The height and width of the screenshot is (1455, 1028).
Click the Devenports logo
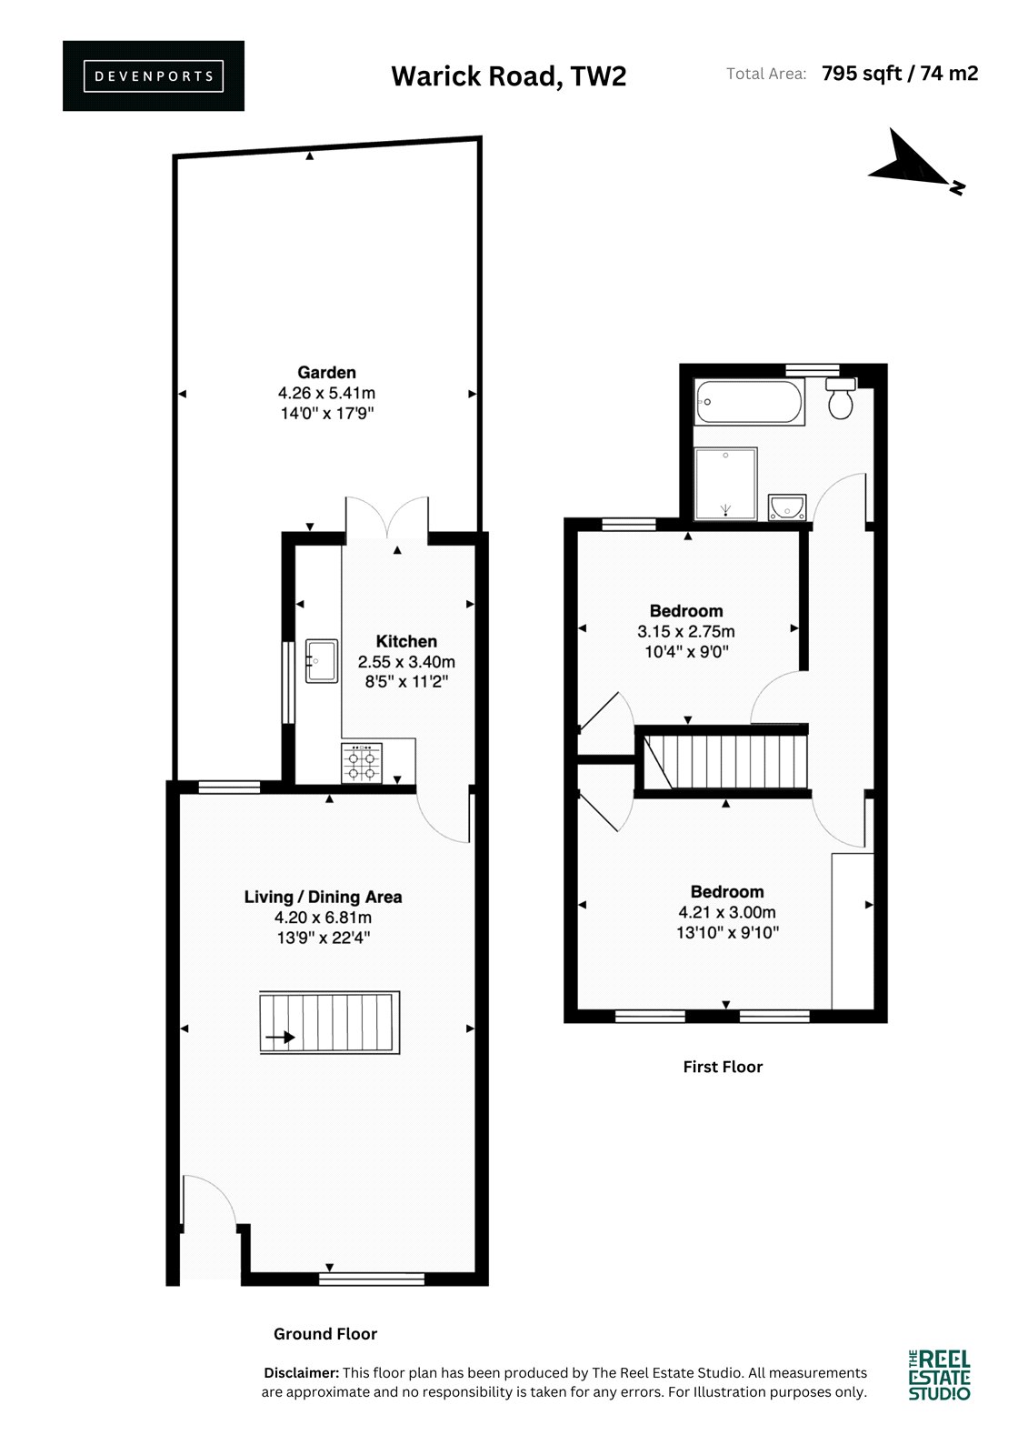[154, 76]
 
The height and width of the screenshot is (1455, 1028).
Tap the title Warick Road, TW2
[508, 76]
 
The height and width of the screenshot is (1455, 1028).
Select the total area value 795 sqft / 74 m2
[900, 74]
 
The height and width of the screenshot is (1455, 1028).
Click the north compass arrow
[915, 163]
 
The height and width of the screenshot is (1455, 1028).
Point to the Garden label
[326, 372]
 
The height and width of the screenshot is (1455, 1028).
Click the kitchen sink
[322, 661]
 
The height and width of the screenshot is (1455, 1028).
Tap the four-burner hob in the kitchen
[362, 763]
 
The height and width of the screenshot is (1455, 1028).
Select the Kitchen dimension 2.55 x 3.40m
[406, 662]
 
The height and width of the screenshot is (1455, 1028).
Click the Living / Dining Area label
[323, 897]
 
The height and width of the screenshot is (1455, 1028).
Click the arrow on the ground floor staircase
[281, 1038]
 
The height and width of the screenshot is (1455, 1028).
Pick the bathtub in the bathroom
[749, 402]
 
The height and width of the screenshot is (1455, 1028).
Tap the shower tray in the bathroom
[726, 484]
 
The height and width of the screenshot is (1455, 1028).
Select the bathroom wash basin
[787, 507]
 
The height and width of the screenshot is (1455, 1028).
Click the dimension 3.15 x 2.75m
[685, 631]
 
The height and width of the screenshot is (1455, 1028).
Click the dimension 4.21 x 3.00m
[727, 912]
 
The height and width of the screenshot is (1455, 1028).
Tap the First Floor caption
[723, 1067]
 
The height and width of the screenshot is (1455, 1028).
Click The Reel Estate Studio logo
[939, 1374]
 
